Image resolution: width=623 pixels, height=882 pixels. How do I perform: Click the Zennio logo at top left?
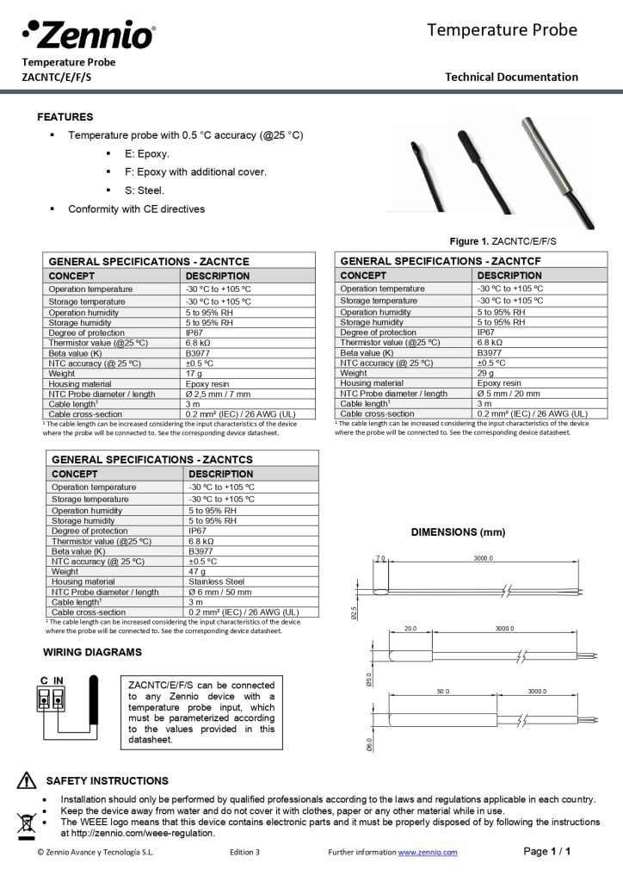(x=89, y=34)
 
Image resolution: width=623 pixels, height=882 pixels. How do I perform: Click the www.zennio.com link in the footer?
(x=428, y=852)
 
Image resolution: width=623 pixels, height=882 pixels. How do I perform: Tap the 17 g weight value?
(x=194, y=374)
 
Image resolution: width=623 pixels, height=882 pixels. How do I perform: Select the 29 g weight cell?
(x=486, y=373)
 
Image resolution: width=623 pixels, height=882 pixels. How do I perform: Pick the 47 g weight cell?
(x=197, y=571)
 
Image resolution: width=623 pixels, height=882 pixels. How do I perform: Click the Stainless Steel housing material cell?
(x=216, y=581)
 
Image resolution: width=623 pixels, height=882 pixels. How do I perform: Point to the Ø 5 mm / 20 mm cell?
(x=509, y=393)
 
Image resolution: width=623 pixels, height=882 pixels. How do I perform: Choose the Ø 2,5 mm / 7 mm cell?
(x=219, y=394)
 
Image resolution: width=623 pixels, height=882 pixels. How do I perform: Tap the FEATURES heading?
(x=65, y=117)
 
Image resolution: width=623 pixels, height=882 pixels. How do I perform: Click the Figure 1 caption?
(x=503, y=241)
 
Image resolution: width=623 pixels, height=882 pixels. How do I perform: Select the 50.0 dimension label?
(x=442, y=692)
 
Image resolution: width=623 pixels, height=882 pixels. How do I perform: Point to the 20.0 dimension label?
(x=410, y=629)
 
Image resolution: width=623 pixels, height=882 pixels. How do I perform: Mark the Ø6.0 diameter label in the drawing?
(x=370, y=745)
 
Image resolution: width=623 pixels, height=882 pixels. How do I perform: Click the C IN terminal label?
(x=52, y=680)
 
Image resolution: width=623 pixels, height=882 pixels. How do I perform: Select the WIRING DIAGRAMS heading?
(x=92, y=652)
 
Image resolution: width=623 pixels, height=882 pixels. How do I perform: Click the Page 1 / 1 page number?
(x=547, y=852)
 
